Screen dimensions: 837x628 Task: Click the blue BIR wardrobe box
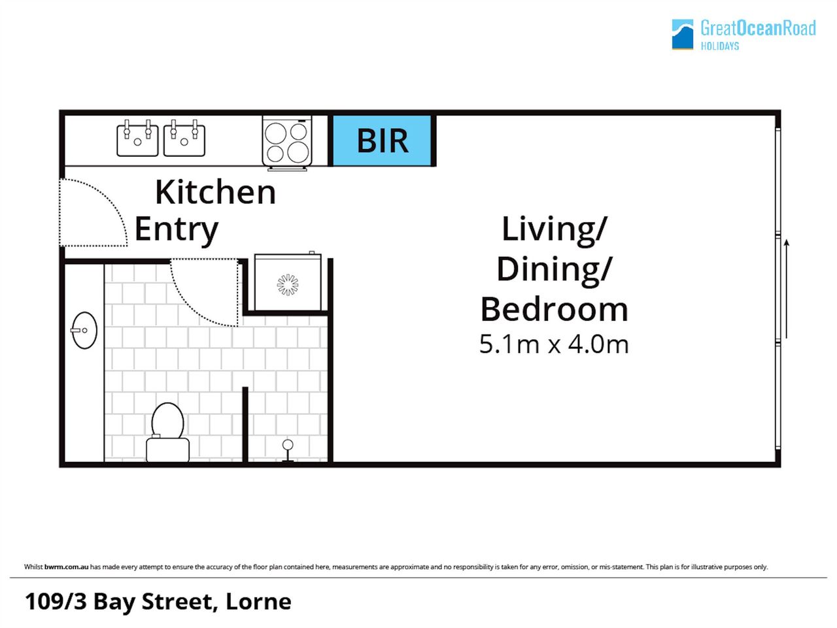[382, 141]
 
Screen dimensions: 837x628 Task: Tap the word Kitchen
[215, 192]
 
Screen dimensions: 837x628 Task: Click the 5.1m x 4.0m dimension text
[554, 344]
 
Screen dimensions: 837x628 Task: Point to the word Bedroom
[554, 309]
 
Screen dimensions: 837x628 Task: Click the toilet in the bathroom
[168, 432]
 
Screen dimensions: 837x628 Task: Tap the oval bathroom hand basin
[84, 331]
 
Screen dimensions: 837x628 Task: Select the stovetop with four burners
[287, 142]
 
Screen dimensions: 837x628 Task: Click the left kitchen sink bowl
[137, 138]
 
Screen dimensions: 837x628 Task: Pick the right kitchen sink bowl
[184, 138]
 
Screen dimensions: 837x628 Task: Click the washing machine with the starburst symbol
[288, 282]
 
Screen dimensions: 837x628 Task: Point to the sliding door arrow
[786, 289]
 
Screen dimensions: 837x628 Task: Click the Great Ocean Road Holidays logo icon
[683, 34]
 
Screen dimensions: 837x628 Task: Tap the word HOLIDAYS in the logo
[720, 46]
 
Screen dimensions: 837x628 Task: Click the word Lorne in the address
[258, 602]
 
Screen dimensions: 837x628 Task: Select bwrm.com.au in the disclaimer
[66, 567]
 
